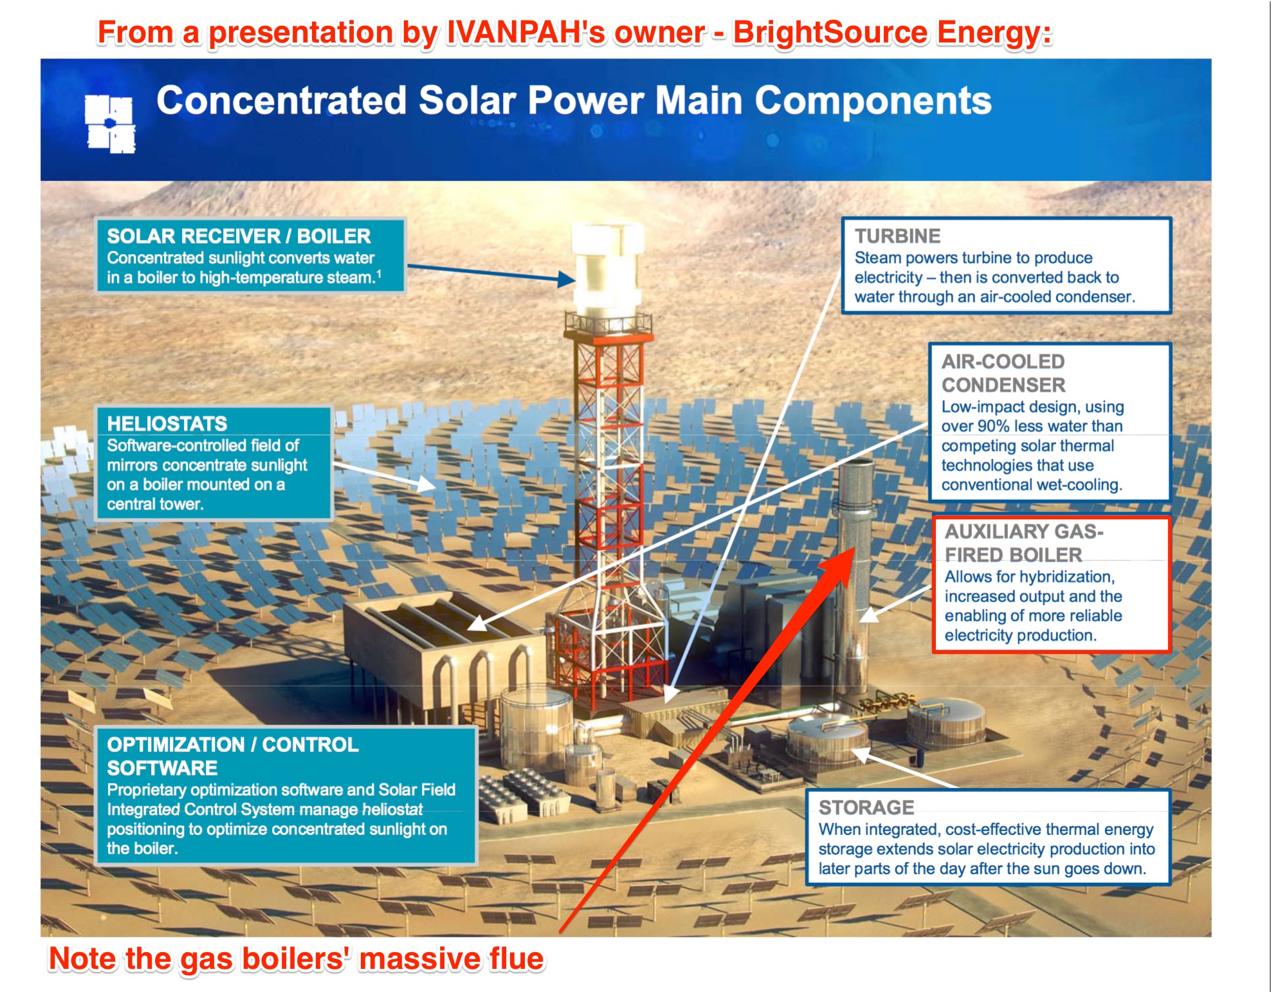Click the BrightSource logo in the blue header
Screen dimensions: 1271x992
110,124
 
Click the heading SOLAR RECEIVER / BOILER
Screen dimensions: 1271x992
239,236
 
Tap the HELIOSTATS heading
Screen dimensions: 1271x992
167,423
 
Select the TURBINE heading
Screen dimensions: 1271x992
897,236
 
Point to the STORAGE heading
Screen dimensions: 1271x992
866,807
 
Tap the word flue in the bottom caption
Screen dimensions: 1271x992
517,959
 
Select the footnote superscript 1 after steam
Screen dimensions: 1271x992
379,274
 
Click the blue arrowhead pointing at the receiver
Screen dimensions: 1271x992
566,279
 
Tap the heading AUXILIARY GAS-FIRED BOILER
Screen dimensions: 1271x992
1024,543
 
